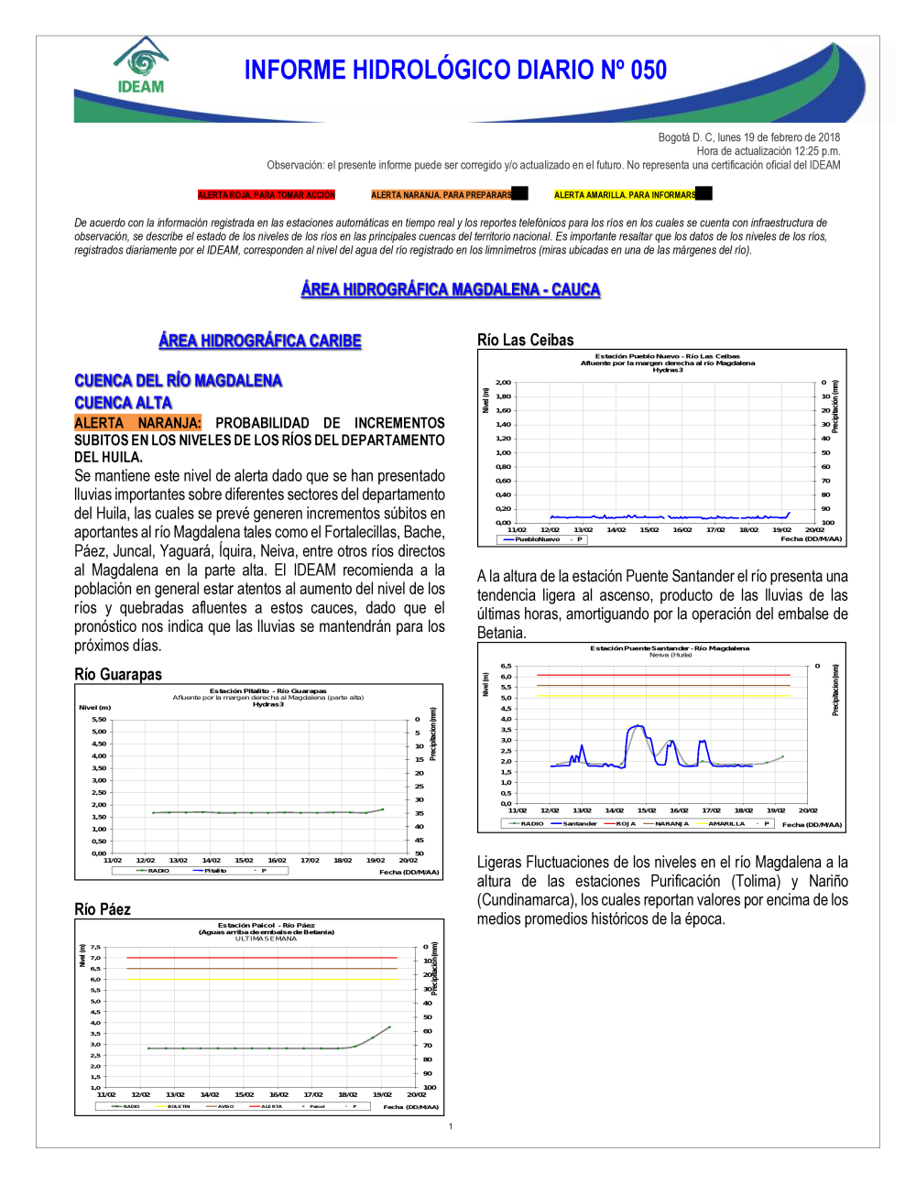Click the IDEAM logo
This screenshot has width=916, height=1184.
[x=140, y=66]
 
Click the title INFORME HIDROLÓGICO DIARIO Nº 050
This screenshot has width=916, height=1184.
[x=455, y=71]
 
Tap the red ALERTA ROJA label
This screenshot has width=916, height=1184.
[x=267, y=195]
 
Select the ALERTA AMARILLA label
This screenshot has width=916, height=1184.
[x=626, y=195]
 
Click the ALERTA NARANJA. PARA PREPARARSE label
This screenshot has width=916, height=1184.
[x=442, y=195]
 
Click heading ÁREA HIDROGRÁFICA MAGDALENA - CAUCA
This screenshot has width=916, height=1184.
[x=451, y=289]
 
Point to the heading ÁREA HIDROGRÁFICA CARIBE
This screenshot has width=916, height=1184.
[x=260, y=341]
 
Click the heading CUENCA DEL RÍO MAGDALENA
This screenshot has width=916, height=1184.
[x=178, y=380]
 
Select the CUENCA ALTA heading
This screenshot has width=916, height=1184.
[x=123, y=403]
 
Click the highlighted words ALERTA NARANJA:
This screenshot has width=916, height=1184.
[x=137, y=423]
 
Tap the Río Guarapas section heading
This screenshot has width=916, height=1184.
[x=118, y=675]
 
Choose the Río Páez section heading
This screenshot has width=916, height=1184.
[x=103, y=909]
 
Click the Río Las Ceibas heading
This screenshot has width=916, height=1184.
[x=526, y=340]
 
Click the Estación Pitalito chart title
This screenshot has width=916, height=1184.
[x=267, y=691]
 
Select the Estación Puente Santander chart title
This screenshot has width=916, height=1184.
[x=669, y=648]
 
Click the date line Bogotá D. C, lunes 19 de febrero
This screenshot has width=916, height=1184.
[x=748, y=137]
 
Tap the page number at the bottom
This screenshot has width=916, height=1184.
[x=451, y=1126]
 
